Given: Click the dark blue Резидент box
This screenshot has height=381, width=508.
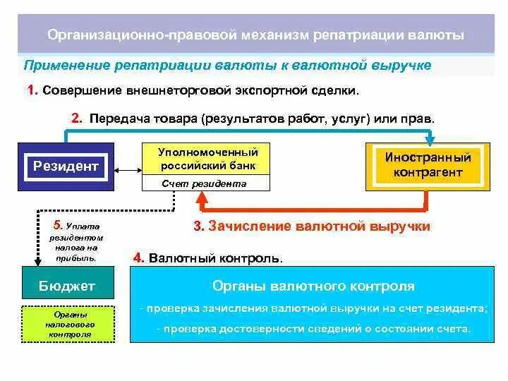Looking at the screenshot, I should pyautogui.click(x=66, y=167).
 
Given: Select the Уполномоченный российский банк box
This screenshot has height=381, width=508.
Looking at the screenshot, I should pyautogui.click(x=208, y=159).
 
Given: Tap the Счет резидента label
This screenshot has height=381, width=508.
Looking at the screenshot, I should pyautogui.click(x=204, y=183).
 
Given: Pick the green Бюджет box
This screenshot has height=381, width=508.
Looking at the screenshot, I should pyautogui.click(x=67, y=286).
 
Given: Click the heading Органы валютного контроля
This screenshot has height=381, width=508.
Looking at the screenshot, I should pyautogui.click(x=313, y=286).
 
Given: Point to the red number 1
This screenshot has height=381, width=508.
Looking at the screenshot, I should pyautogui.click(x=32, y=90).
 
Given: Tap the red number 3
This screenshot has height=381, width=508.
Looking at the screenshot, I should pyautogui.click(x=198, y=227).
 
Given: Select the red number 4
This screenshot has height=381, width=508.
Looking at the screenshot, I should pyautogui.click(x=138, y=258).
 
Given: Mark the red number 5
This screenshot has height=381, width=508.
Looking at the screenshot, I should pyautogui.click(x=57, y=225).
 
